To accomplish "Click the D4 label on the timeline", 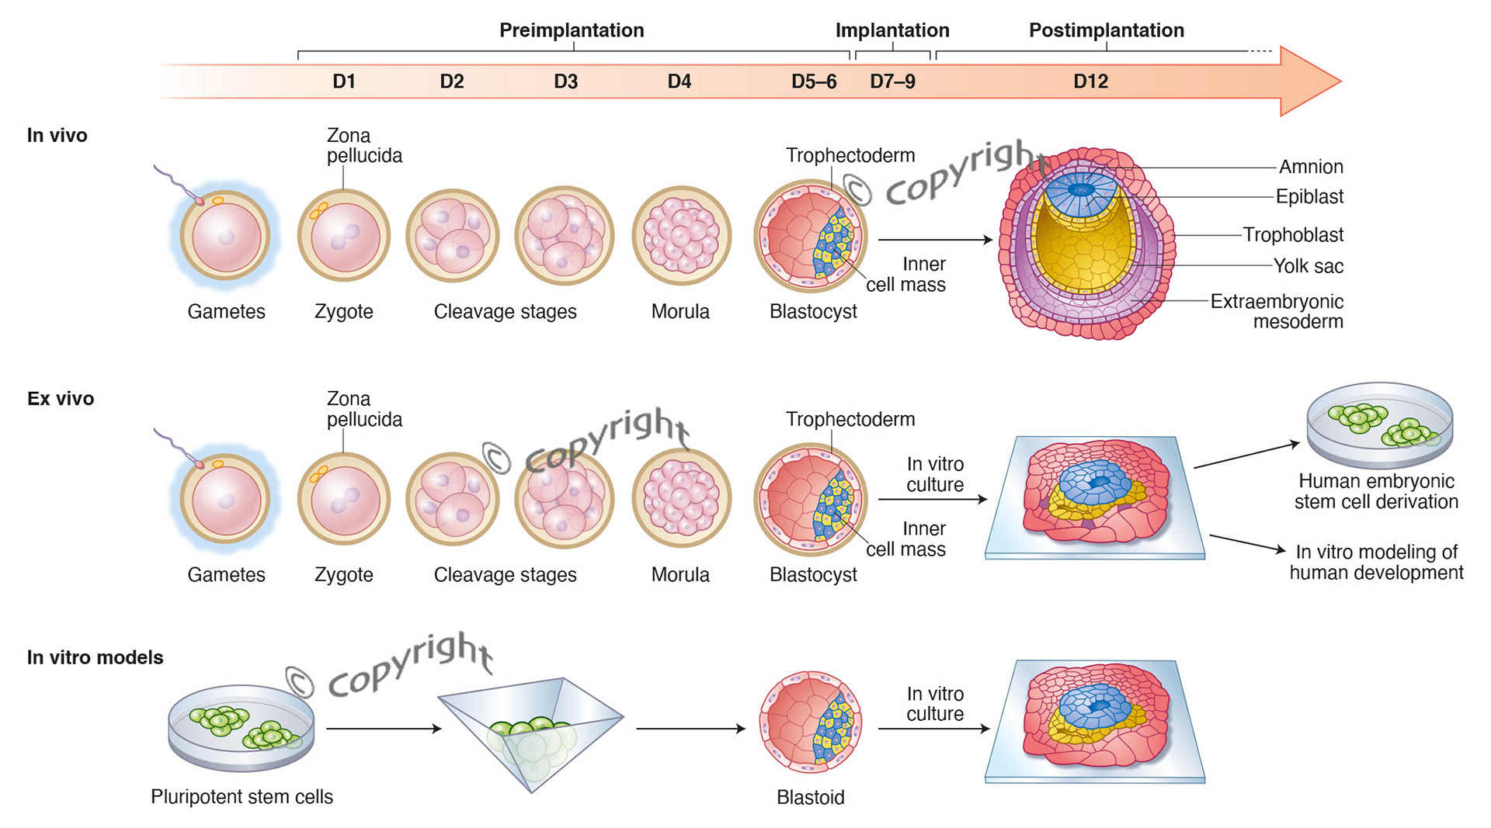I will pos(679,81).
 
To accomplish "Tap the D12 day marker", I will pos(1090,81).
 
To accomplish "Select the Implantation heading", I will pos(892,30).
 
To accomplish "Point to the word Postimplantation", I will pos(1106,30).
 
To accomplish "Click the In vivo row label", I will pos(57,135).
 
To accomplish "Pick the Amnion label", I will pos(1311,167).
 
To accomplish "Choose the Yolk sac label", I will pos(1308,266).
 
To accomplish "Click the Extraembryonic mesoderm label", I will pos(1277,311).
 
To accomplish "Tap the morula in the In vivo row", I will pos(681,235).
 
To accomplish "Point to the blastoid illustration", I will pos(810,722).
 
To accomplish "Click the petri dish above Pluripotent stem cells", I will pos(242,727).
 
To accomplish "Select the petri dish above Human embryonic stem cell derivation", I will pos(1379,424).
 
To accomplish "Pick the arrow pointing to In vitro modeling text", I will pos(1246,543).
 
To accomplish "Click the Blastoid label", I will pos(810,797).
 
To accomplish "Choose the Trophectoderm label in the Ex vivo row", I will pos(850,419).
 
